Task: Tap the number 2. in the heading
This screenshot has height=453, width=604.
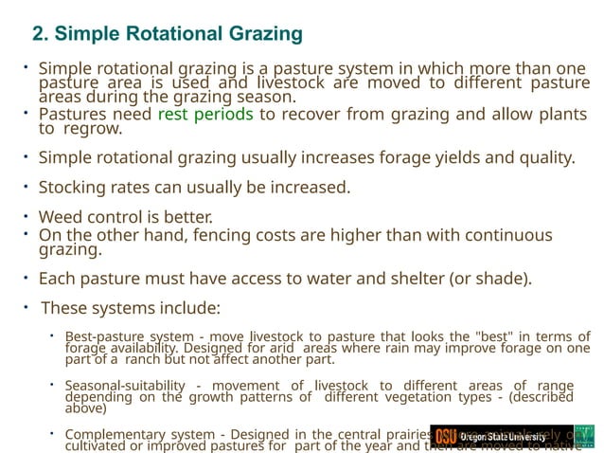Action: pyautogui.click(x=41, y=35)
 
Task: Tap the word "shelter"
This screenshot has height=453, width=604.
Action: pyautogui.click(x=422, y=279)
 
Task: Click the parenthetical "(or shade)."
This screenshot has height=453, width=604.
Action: pyautogui.click(x=493, y=279)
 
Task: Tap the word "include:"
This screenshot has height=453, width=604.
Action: pyautogui.click(x=187, y=308)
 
